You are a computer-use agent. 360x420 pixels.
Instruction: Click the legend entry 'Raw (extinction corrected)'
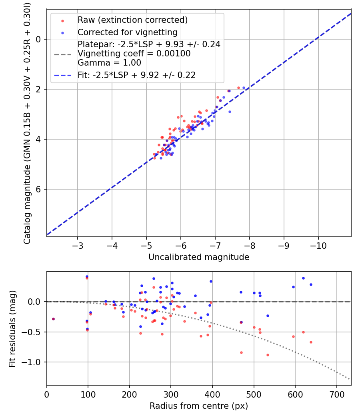132,20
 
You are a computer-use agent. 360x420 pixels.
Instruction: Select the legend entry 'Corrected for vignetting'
127,32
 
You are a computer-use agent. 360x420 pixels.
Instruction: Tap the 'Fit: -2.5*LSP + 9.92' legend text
136,75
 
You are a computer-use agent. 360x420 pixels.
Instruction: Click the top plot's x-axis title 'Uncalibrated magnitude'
199,257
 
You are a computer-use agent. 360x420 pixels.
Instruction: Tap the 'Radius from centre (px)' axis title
199,406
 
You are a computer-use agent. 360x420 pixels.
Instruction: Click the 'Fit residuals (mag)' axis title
12,328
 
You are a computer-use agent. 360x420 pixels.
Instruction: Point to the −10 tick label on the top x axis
318,245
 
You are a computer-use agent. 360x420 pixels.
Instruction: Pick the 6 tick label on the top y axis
39,189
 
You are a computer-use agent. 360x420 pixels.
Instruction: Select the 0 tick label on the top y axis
39,39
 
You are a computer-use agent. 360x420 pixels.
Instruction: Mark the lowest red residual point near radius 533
268,355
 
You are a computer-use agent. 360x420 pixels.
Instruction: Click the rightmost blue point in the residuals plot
311,284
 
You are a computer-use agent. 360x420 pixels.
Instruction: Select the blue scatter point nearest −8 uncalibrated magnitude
244,88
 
